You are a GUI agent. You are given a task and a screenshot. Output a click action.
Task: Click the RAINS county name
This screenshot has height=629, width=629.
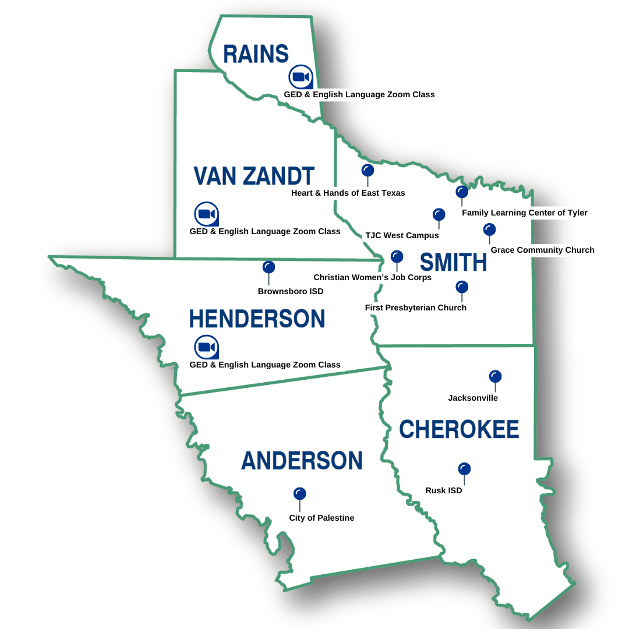click(256, 54)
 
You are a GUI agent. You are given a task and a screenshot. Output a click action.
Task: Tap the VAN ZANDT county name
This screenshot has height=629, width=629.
click(254, 175)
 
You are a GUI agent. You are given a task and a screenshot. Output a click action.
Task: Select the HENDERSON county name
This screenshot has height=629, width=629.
click(257, 319)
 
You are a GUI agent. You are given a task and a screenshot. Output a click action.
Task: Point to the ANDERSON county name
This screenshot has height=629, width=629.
click(302, 461)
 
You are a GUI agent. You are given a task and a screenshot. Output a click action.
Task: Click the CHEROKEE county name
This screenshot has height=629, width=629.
click(459, 430)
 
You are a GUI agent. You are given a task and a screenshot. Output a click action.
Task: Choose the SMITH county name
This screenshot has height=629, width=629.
click(453, 263)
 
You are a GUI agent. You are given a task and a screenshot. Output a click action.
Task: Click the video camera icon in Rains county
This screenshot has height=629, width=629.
click(301, 77)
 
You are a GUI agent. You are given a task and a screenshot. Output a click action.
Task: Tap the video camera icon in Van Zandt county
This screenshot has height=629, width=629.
click(206, 214)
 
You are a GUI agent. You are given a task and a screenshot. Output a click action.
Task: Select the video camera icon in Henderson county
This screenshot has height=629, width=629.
click(206, 347)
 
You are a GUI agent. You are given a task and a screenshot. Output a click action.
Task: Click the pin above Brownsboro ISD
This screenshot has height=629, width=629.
click(268, 267)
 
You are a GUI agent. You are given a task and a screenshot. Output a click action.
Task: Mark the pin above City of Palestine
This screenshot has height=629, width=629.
click(300, 494)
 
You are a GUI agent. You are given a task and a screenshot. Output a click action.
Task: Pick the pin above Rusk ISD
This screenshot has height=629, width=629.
click(464, 469)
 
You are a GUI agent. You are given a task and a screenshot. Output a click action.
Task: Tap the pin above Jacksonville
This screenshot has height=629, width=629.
click(496, 377)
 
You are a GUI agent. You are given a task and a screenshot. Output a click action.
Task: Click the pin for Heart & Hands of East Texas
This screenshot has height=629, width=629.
click(367, 170)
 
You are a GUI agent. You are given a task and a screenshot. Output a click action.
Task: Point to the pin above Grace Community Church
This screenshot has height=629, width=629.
click(489, 229)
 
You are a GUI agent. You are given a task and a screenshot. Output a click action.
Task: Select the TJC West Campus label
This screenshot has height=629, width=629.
click(402, 236)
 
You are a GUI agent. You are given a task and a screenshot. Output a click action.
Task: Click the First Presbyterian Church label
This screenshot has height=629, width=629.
click(416, 308)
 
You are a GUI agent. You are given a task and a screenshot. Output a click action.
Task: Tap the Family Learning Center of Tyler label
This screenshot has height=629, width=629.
click(524, 213)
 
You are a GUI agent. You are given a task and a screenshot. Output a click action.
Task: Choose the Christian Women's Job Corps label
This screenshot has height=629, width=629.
click(373, 278)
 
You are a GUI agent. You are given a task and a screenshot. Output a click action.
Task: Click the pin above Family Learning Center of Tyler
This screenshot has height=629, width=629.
click(462, 192)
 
